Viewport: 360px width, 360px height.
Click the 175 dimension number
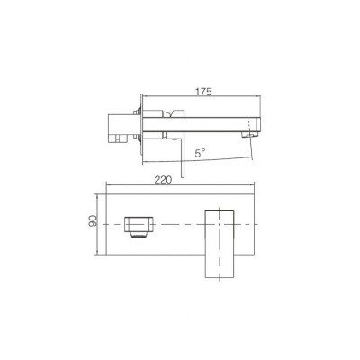pyautogui.click(x=203, y=92)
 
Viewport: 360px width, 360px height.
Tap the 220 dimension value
pyautogui.click(x=163, y=180)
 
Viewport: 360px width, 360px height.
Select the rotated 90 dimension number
pyautogui.click(x=94, y=220)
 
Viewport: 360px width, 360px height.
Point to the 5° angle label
pyautogui.click(x=200, y=154)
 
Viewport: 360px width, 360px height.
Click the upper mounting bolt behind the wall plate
pyautogui.click(x=137, y=112)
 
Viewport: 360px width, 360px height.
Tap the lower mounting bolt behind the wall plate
pyautogui.click(x=137, y=138)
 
